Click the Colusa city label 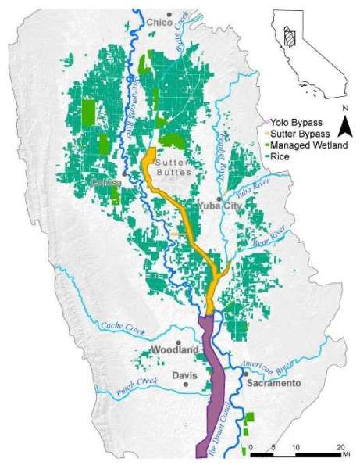pos(105,182)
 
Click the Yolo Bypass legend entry pos(294,123)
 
